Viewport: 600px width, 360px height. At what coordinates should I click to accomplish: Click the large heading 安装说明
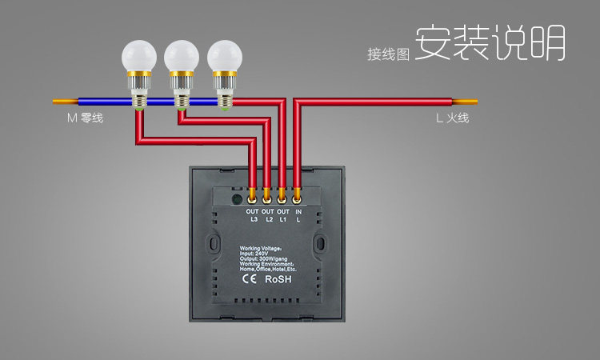click(490, 43)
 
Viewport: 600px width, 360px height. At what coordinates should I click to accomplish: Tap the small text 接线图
click(389, 54)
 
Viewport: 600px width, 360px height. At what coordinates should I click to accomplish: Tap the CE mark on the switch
click(249, 280)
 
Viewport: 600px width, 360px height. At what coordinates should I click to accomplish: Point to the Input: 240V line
click(255, 254)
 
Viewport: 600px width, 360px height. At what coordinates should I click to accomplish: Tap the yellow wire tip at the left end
click(63, 102)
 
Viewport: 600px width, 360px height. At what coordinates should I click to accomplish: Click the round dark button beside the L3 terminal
click(236, 198)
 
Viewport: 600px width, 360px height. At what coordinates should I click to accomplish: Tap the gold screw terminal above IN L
click(297, 194)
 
